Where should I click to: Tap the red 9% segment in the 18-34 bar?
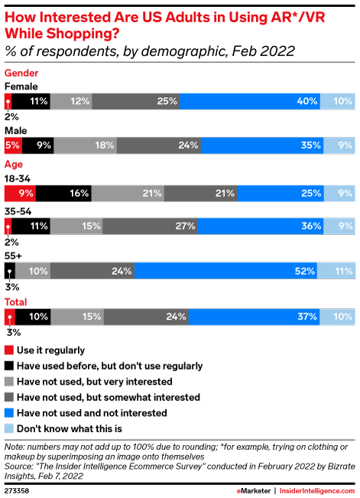[x=20, y=194]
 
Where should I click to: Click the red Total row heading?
[x=17, y=301]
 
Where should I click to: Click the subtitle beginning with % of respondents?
[x=149, y=51]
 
